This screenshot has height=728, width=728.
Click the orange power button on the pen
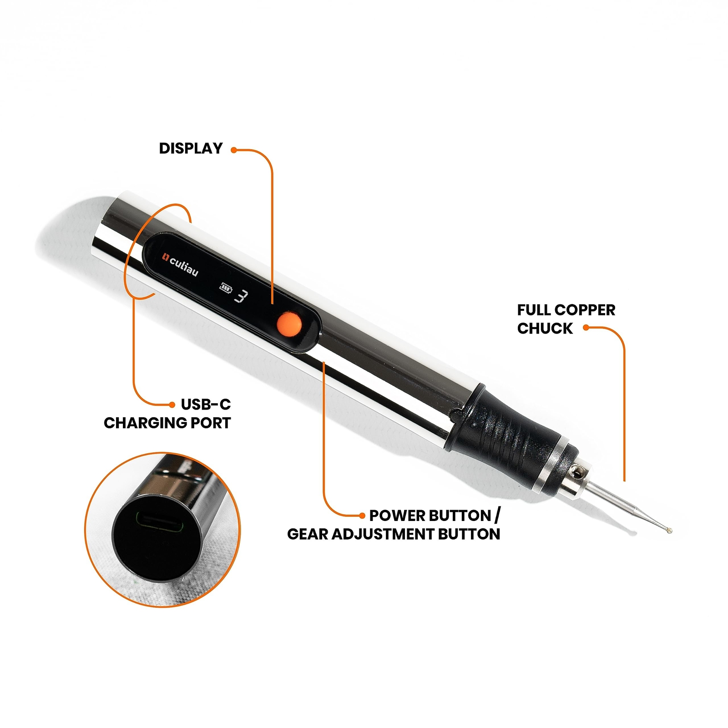[289, 324]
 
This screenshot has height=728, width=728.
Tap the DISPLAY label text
[191, 148]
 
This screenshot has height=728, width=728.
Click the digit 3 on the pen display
[242, 296]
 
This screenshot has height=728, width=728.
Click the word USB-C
[206, 404]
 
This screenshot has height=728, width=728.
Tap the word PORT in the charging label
[210, 423]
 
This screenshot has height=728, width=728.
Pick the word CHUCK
[545, 328]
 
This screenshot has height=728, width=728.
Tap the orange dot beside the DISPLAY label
[234, 150]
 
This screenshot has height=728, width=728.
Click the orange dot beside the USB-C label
[172, 404]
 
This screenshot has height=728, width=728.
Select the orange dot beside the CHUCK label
[586, 327]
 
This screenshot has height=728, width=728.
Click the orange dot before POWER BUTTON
[362, 516]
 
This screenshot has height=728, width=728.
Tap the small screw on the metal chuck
[578, 474]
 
